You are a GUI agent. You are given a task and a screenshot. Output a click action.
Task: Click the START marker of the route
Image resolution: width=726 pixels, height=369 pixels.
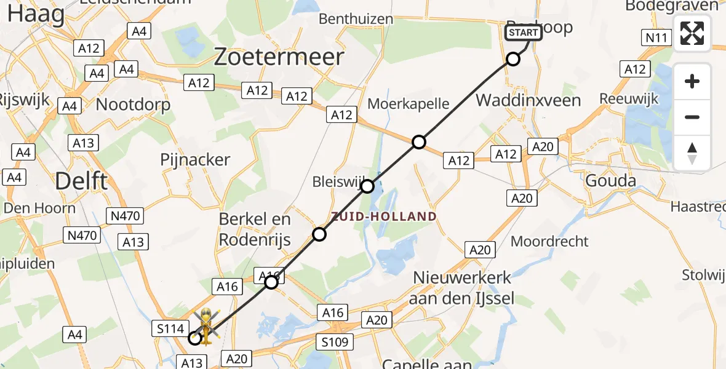523,33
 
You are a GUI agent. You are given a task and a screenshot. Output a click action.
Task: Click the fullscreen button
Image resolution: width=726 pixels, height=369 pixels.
692,33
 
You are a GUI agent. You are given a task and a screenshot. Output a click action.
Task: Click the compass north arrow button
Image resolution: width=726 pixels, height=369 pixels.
692,153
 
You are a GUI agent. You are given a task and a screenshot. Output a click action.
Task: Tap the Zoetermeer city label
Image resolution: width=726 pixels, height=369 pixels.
279,57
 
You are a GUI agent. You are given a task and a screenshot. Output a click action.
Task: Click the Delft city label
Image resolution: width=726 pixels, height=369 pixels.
81,181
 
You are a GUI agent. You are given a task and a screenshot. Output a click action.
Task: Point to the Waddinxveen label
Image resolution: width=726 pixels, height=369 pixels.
528,100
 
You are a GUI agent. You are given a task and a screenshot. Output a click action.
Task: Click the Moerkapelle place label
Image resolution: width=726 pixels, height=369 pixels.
408,103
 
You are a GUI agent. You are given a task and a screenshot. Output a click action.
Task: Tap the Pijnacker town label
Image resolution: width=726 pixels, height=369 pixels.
195,160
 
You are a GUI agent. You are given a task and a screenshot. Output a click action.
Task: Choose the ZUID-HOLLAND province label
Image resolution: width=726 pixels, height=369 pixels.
384,216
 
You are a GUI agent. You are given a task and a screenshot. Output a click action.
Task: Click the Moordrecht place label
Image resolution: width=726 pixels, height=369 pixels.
549,241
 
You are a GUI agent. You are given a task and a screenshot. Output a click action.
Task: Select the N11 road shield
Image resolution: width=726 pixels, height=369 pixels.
656,38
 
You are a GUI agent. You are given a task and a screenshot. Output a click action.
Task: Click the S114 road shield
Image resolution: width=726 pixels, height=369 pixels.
170,329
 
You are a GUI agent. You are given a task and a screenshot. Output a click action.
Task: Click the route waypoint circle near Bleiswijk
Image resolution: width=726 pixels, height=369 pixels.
367,186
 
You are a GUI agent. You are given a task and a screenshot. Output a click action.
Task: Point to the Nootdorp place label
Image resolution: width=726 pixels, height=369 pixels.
134,105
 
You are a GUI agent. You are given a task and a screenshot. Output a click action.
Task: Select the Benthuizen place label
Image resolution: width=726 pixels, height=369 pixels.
356,19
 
